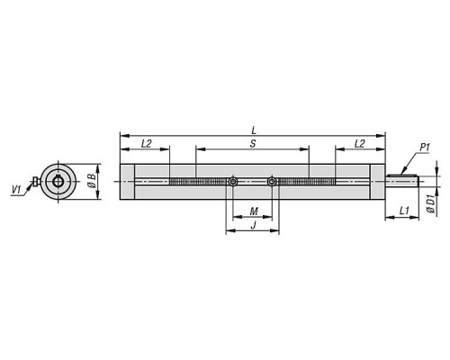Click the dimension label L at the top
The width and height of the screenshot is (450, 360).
coord(254,130)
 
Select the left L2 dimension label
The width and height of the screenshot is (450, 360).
coord(146,144)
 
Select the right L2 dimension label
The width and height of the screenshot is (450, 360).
coord(359,144)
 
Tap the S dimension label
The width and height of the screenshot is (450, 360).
coord(253,144)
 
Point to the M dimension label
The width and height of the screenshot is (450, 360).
coord(254,211)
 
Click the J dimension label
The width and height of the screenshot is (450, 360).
coord(254,225)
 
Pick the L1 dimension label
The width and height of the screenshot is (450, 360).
coord(404,211)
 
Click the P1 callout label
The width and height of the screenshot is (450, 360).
coord(425,148)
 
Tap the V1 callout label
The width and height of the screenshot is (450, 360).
coord(16,189)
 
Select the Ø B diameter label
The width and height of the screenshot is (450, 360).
coord(93,181)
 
